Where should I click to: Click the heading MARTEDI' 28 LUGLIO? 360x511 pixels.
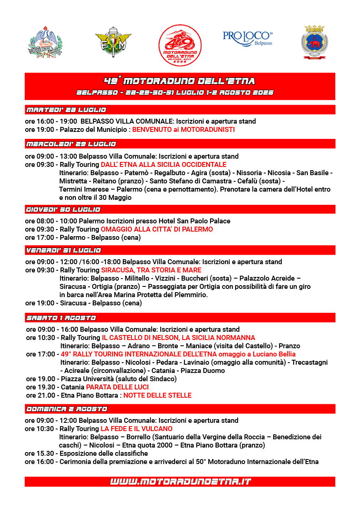[x=66, y=110]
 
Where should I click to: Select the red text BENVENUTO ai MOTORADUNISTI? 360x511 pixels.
[x=183, y=129]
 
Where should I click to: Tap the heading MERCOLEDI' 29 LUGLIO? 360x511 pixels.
[x=71, y=144]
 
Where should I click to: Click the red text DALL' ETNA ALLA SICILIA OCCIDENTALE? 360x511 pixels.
[x=164, y=164]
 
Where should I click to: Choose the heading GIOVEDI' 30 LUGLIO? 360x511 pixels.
[x=63, y=209]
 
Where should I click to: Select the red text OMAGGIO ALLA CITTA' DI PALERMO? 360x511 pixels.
[x=157, y=229]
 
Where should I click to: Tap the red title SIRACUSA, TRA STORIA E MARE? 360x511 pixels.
[x=151, y=270]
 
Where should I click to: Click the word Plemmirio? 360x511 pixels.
[x=192, y=295]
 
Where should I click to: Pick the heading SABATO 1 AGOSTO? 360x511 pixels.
[x=61, y=318]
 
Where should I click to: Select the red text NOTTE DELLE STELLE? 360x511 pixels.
[x=157, y=395]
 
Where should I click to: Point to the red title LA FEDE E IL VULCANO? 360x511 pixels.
[x=136, y=429]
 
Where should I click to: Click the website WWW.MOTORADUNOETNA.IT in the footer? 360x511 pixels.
[x=180, y=481]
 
